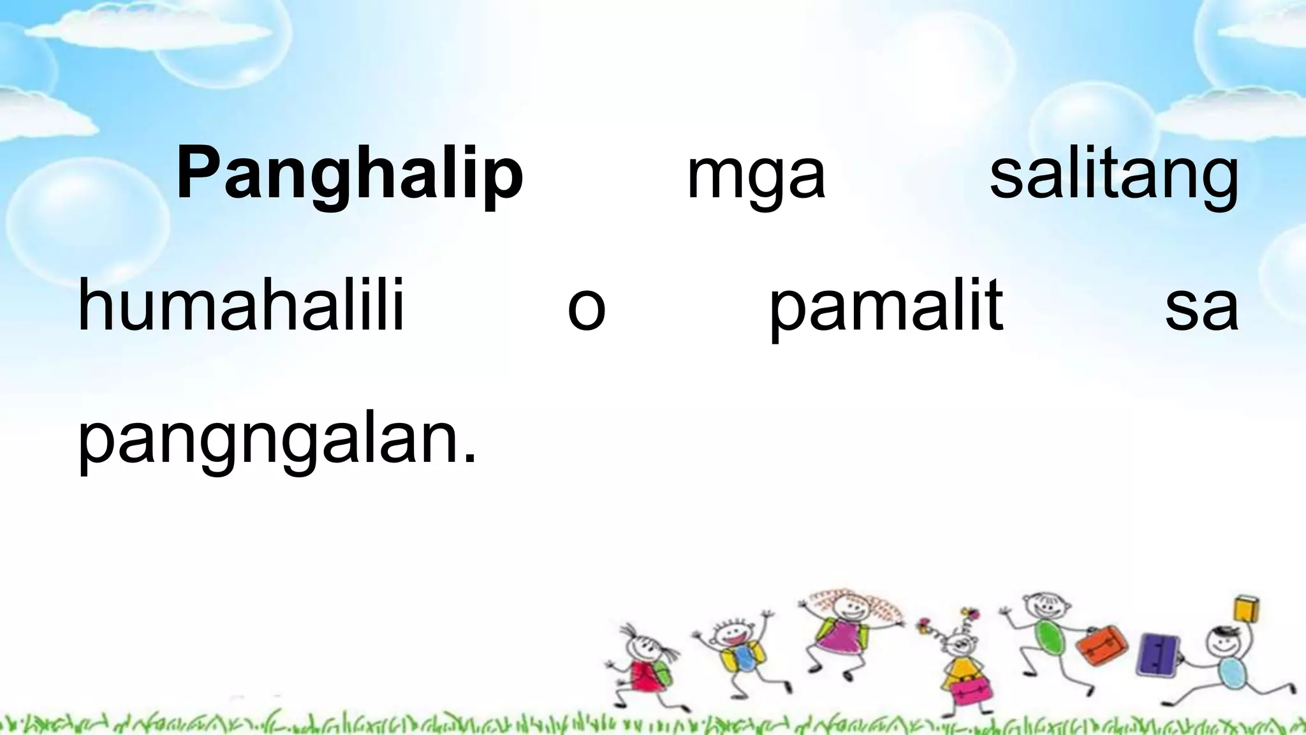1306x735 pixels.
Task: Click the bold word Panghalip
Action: pos(349,174)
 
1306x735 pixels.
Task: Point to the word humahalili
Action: pos(241,306)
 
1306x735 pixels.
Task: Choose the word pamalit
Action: pos(886,308)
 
